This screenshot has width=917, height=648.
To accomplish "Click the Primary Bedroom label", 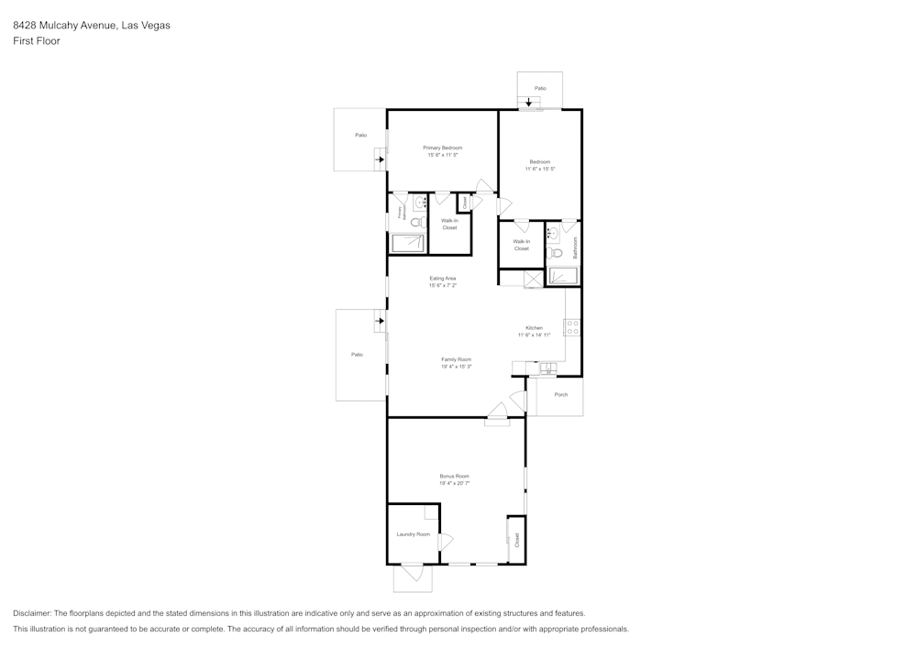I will pos(442,148).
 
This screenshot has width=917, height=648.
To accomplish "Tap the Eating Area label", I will pos(442,278).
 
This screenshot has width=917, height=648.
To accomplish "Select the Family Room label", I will pos(456,359).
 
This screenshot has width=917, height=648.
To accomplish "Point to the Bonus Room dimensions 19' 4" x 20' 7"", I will pos(454,483).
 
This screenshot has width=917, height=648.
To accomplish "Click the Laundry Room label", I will pos(413,534).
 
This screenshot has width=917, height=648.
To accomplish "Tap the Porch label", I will pos(560,394).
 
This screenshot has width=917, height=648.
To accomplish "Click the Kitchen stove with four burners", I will pos(572,326).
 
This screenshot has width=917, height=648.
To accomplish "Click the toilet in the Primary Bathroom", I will pos(415,222).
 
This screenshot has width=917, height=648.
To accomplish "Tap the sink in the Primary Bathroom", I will pos(420,203).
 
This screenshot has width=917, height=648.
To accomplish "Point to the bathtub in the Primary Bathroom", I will pos(408,243).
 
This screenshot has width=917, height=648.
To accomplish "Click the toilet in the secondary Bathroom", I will pos(556,253).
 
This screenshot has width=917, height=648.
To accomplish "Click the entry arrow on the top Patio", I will pos(529,102).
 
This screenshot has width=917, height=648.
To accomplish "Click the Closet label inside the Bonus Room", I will pos(516,540).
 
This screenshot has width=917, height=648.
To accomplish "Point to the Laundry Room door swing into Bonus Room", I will pos(446,542).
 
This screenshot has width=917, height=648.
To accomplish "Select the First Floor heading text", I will pos(37,41).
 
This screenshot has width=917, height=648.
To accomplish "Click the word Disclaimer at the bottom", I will pos(32,613).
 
